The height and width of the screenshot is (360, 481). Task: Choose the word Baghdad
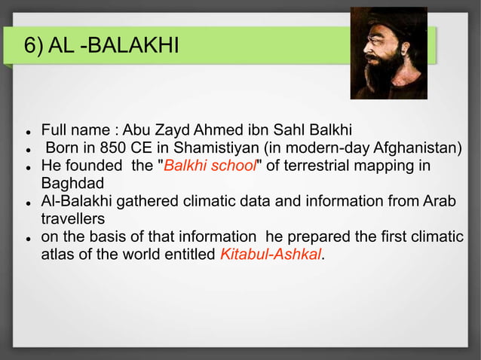(72, 183)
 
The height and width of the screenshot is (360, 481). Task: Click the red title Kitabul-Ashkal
(270, 255)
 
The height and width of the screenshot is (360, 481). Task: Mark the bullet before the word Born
(27, 148)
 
